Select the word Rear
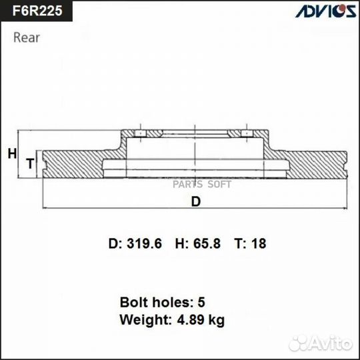[27, 37]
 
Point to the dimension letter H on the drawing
[12, 154]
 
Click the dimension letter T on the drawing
[29, 163]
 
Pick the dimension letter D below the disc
[195, 203]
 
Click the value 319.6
[145, 244]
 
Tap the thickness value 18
[259, 244]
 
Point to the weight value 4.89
[189, 319]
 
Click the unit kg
[216, 320]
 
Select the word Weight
[142, 319]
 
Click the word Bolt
[133, 302]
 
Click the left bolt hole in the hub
[141, 134]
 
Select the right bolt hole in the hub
[247, 134]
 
